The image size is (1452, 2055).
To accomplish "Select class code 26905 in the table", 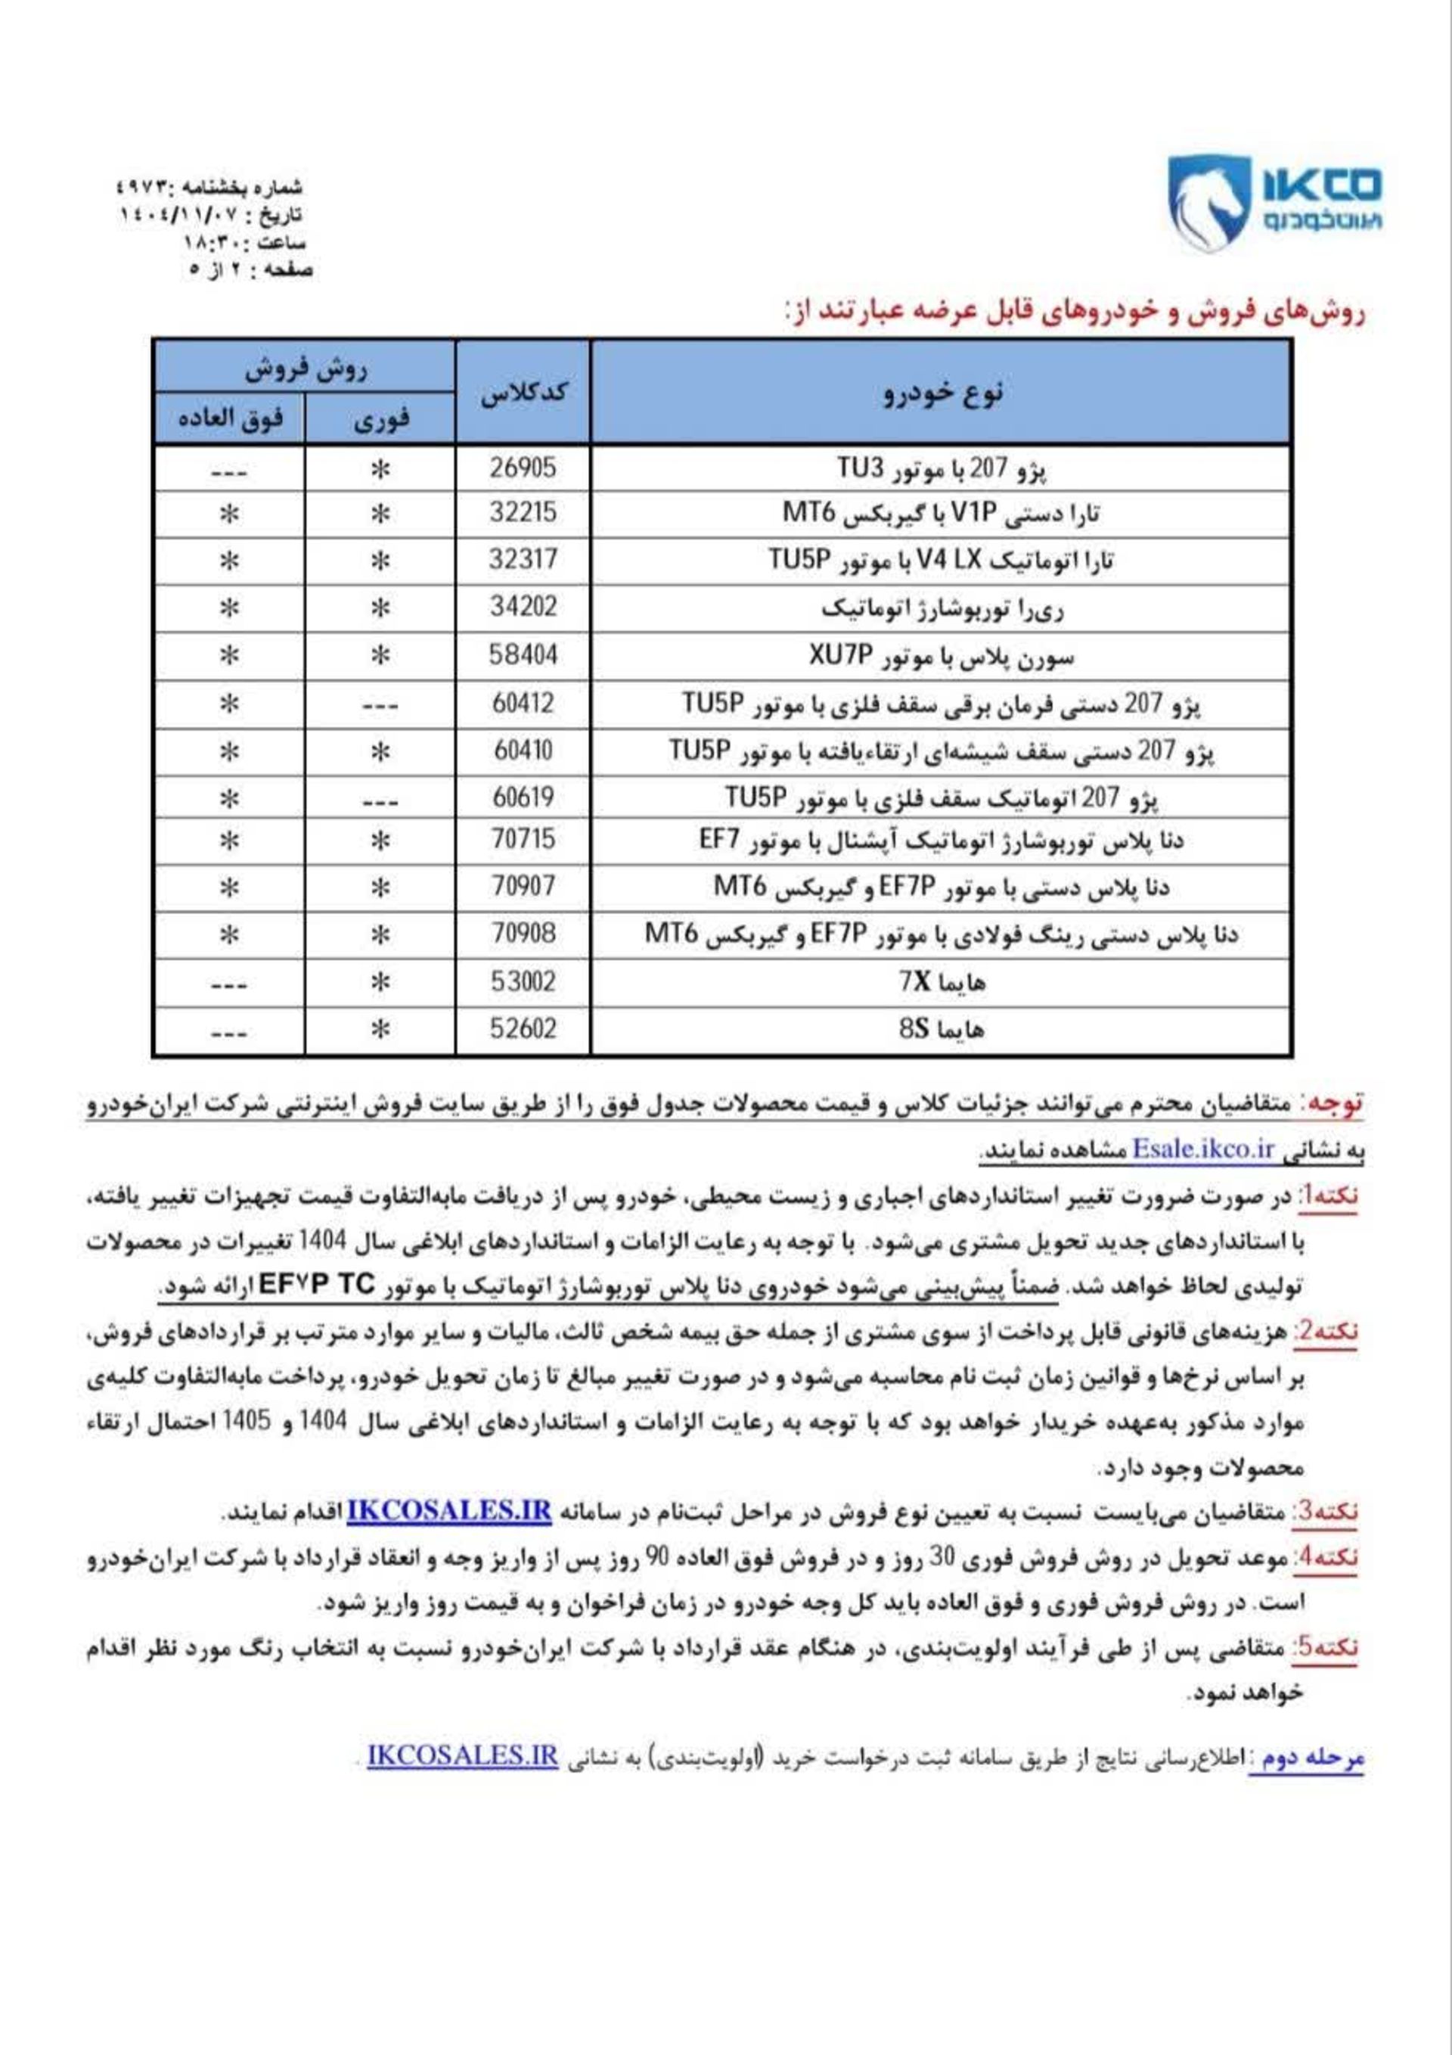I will coord(523,467).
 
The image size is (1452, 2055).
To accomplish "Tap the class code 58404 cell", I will coord(523,655).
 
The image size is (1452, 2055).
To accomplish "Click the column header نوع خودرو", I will coord(942,393).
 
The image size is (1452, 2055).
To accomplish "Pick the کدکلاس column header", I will coord(523,393).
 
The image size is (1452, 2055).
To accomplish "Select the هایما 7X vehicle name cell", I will coord(942,983).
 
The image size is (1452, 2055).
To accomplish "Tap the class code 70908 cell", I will coord(523,934).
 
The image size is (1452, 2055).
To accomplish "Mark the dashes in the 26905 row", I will coord(230,470).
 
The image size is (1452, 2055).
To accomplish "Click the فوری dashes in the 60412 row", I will coord(381,705).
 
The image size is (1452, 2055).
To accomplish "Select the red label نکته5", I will coord(1324,1647).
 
